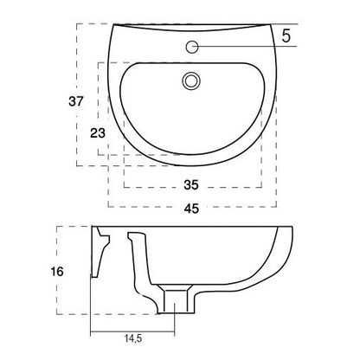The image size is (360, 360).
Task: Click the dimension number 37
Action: (x=76, y=101)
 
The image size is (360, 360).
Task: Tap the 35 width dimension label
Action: (x=192, y=184)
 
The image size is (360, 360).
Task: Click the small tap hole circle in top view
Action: (x=192, y=47)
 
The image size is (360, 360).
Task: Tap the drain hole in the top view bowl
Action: (x=191, y=81)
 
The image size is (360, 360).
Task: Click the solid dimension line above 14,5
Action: (x=134, y=335)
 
